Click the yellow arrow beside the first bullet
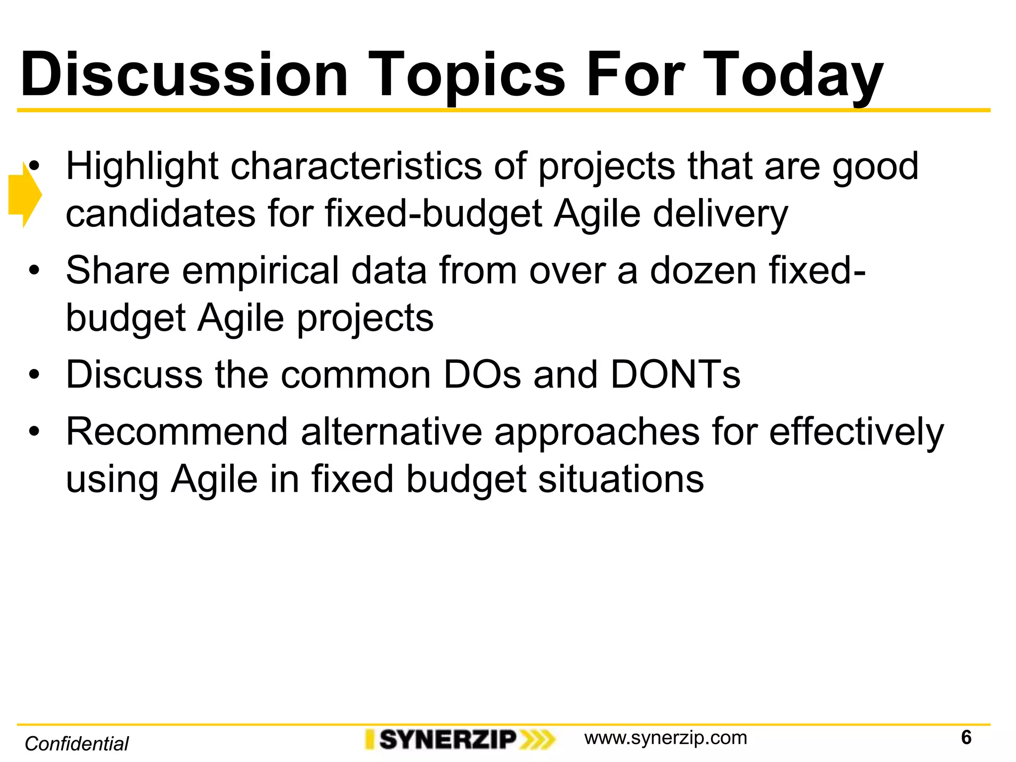pos(24,195)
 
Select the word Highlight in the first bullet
pos(142,167)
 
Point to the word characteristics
pos(356,167)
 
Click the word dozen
pos(703,271)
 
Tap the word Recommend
pos(177,432)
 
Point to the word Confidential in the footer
pos(76,744)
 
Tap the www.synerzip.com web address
pos(665,738)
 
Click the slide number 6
pos(966,738)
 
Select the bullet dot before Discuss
pos(33,375)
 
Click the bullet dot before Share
pos(33,271)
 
